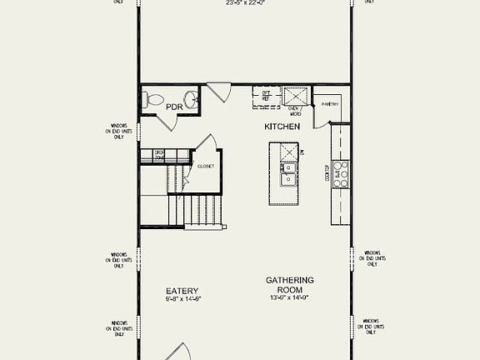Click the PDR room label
tap(175, 107)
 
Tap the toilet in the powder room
tap(153, 100)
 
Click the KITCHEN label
tap(282, 127)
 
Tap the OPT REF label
tap(266, 95)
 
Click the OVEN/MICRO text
tap(294, 109)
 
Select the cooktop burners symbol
tap(341, 173)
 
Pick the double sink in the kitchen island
tap(287, 172)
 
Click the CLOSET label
tap(205, 166)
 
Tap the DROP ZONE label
tap(159, 154)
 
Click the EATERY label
tap(182, 291)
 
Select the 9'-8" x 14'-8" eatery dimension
tap(183, 298)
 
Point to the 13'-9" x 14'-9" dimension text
tap(289, 297)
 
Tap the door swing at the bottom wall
tap(182, 351)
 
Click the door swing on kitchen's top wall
tap(219, 92)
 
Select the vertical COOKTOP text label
tap(327, 173)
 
